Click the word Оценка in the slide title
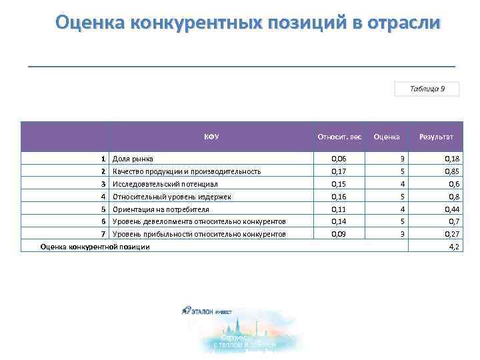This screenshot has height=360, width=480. [93, 23]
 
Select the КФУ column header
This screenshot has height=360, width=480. [211, 137]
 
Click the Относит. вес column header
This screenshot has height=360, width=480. [339, 137]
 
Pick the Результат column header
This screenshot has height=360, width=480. [436, 137]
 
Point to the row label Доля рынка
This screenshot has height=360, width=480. [133, 159]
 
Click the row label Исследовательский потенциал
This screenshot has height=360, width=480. [165, 183]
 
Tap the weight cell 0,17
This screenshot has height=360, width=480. [339, 171]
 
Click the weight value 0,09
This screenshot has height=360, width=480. [339, 234]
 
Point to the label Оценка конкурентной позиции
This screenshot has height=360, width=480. [95, 247]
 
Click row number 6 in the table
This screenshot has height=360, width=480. [103, 221]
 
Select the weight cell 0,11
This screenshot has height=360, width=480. [339, 209]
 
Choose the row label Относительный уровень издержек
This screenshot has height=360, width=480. [171, 197]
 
